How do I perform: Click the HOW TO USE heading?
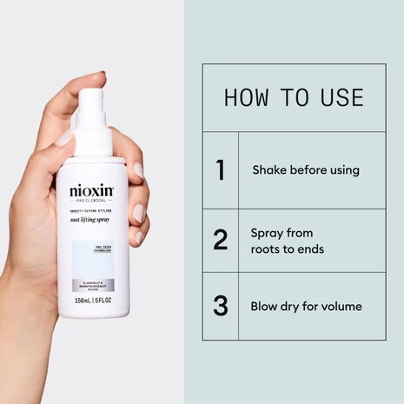[x=293, y=96]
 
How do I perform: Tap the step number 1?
[x=220, y=170]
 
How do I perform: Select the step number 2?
[x=220, y=241]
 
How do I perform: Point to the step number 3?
[x=220, y=306]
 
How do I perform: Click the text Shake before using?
[x=305, y=170]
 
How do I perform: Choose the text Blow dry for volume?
[x=306, y=306]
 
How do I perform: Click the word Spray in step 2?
[x=268, y=234]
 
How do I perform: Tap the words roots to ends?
[x=287, y=249]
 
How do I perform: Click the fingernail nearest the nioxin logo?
[x=137, y=170]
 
